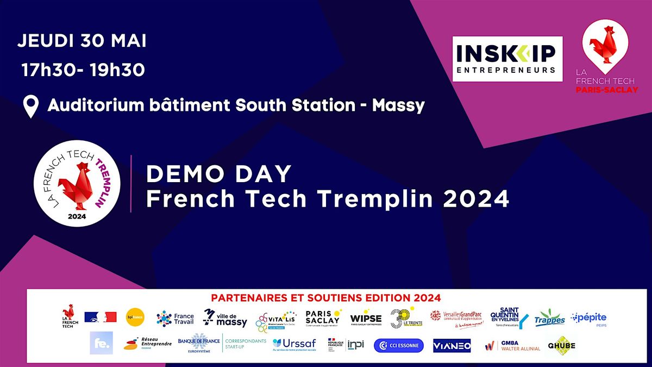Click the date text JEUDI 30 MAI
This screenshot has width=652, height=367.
coord(82,41)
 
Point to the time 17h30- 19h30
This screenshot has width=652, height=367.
coord(83,70)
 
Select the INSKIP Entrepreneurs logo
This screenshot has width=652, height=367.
coord(507,59)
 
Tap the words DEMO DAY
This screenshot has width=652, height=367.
coord(219,174)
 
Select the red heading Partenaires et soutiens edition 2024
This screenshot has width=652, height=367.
coord(325,298)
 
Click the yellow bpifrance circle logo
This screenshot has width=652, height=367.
coord(135,317)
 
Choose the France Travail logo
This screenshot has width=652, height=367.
coord(175,319)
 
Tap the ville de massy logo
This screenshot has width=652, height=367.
coord(225,318)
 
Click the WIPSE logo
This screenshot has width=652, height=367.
coord(366,319)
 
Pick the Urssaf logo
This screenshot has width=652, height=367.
coord(293,344)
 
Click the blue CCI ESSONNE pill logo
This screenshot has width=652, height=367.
coord(398,345)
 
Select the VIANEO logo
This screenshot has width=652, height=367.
coord(452,345)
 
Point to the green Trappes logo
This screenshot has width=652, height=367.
coord(549,318)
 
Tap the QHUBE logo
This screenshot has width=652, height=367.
coord(561,345)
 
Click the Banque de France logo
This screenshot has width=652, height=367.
coord(199,344)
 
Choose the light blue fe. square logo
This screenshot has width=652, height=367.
coord(101,343)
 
